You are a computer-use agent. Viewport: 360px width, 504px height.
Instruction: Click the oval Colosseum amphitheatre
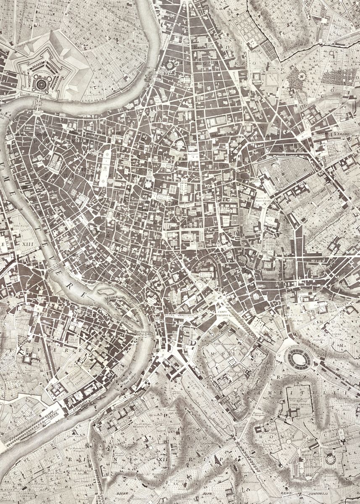click(x=298, y=357)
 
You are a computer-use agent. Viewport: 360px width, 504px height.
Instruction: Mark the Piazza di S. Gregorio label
click(x=258, y=415)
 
